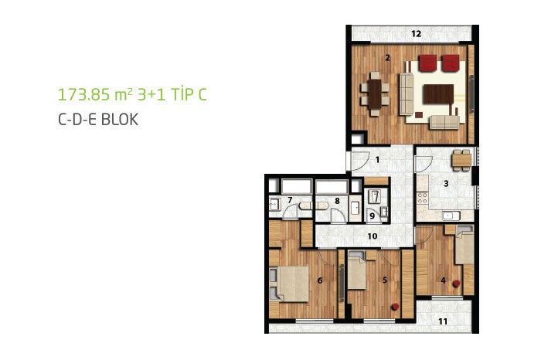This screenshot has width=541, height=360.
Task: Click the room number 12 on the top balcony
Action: (x=417, y=34)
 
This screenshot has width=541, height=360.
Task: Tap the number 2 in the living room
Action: (x=387, y=58)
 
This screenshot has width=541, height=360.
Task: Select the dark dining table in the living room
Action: (x=375, y=94)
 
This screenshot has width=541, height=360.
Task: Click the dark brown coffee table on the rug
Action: (x=438, y=94)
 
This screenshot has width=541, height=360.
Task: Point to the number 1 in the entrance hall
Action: (x=377, y=160)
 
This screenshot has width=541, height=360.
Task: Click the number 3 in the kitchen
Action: (x=446, y=183)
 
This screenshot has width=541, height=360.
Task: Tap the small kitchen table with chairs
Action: (x=461, y=161)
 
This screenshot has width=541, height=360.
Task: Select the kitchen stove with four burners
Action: (x=422, y=198)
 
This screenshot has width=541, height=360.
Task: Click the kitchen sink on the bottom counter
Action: (x=451, y=216)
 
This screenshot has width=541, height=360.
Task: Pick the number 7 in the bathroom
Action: (x=290, y=199)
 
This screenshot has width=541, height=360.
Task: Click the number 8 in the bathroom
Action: (x=337, y=201)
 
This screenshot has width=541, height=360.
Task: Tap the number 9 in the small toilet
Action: (x=372, y=216)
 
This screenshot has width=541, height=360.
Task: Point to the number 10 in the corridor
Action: (x=373, y=236)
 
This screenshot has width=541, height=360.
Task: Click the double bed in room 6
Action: (x=289, y=284)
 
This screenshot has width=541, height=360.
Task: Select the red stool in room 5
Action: (x=395, y=307)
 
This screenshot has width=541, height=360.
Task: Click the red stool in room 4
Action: (x=457, y=284)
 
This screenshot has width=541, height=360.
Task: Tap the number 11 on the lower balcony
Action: (x=443, y=321)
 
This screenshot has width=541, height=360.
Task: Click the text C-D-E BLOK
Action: (x=98, y=120)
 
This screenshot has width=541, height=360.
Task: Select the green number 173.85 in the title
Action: (x=83, y=94)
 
